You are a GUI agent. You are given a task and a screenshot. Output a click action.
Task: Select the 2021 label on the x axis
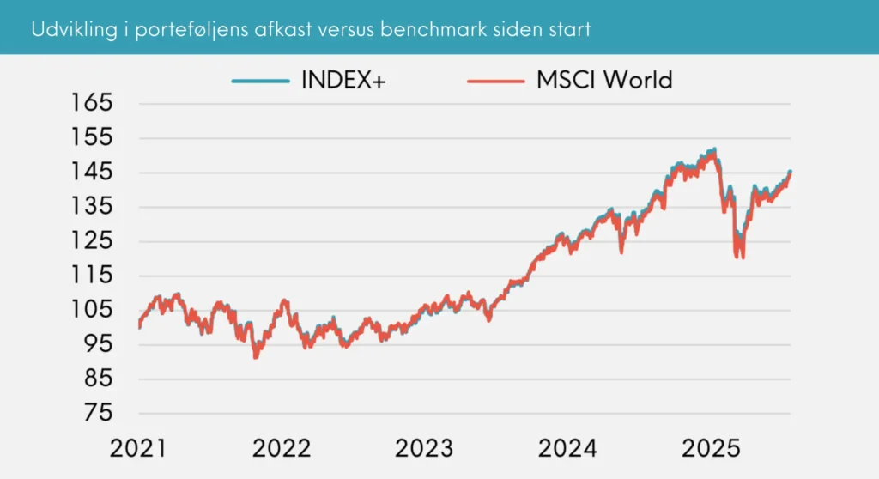click(x=137, y=448)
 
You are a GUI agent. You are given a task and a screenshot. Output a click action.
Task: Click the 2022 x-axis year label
click(x=281, y=448)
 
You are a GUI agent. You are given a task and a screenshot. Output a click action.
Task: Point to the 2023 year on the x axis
click(x=424, y=448)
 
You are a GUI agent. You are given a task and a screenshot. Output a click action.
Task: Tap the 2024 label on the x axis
click(x=567, y=448)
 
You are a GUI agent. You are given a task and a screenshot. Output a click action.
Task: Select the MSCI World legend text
click(x=604, y=80)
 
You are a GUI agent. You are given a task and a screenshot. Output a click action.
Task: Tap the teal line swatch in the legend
click(x=261, y=81)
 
